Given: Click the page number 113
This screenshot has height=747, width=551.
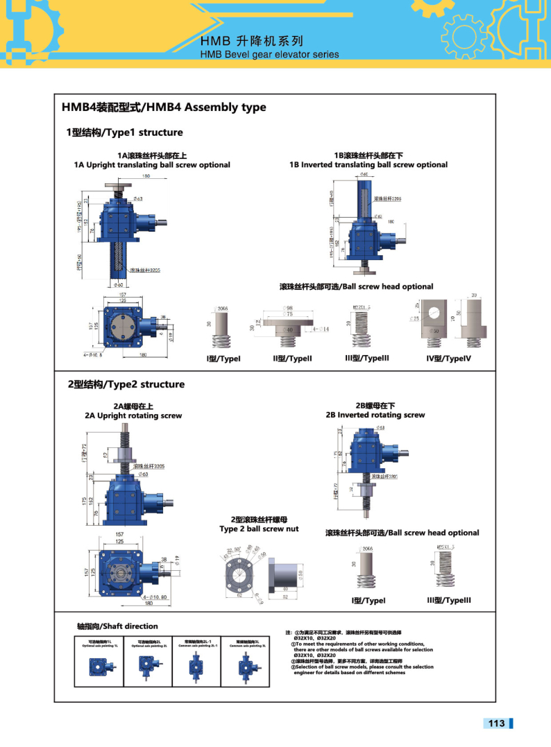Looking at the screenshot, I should (496, 723).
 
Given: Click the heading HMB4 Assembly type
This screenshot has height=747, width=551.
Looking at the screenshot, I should (163, 108).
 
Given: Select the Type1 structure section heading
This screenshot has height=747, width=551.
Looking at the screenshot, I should (124, 132).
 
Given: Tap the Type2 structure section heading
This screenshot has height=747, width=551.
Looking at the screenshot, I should (125, 384).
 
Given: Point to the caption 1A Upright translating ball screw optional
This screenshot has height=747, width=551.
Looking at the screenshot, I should (152, 165).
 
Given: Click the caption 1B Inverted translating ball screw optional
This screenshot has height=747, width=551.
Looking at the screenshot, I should (368, 165).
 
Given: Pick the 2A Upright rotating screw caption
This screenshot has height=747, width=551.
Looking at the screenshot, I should (133, 415).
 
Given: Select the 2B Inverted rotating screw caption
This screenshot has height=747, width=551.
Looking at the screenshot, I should (375, 415).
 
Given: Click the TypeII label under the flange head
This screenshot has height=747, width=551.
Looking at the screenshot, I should (292, 359).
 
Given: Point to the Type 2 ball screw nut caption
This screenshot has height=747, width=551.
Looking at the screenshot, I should (259, 529).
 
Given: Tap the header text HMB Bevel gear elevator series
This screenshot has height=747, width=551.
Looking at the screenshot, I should (269, 54).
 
